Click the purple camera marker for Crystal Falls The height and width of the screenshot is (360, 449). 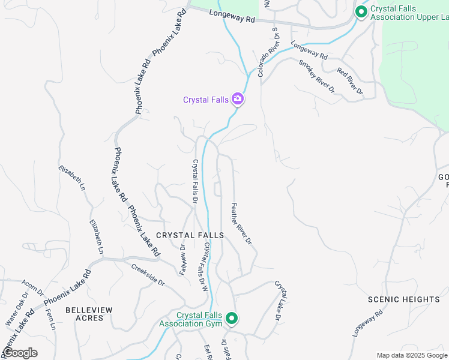coord(238,99)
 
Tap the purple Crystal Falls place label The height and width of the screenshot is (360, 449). coord(206,100)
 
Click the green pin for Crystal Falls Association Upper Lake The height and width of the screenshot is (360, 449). coord(361,11)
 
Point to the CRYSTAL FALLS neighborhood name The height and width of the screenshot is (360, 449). coord(190,235)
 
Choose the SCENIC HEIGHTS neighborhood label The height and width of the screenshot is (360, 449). coord(404,299)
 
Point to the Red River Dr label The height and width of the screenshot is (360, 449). coord(350,82)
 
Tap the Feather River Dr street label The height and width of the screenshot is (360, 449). coord(241,223)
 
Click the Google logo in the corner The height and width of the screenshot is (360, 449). coord(20,353)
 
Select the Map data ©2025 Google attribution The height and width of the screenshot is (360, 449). coord(412,355)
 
